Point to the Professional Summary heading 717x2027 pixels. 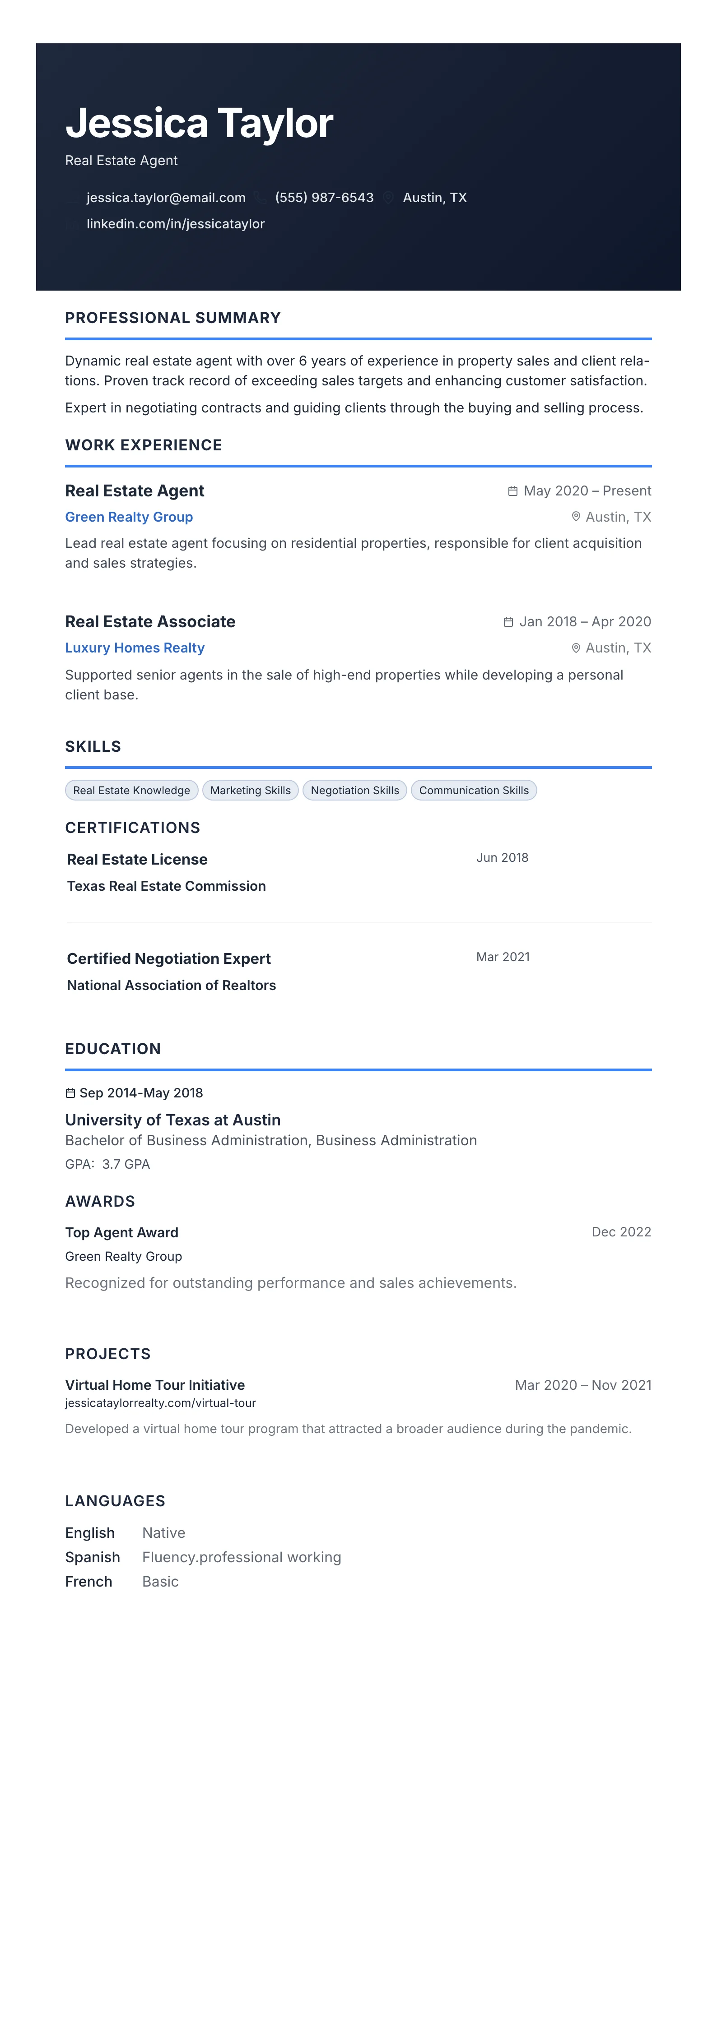[x=172, y=318]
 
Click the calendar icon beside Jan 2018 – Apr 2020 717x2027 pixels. [x=508, y=622]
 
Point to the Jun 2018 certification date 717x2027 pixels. [x=502, y=858]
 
